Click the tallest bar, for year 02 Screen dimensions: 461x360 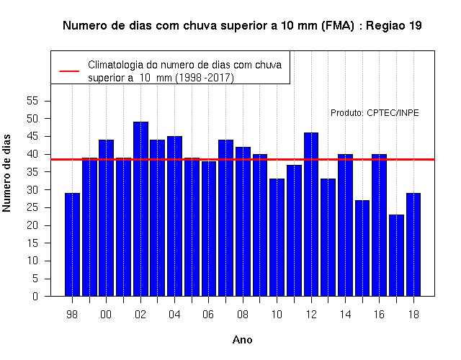point(140,209)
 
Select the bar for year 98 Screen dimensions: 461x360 point(72,245)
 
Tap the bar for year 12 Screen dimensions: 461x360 point(311,215)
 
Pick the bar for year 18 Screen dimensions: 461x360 point(413,245)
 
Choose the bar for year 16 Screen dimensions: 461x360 point(380,225)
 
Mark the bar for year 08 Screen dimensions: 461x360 point(243,222)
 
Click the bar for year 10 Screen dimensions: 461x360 point(277,238)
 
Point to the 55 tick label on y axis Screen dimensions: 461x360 point(32,101)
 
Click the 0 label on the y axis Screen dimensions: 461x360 point(35,296)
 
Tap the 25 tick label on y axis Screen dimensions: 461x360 point(32,207)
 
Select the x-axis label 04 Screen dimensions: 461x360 point(174,315)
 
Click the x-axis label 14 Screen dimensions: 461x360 point(345,315)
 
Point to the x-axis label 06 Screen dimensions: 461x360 point(208,315)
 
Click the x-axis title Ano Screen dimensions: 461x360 point(242,340)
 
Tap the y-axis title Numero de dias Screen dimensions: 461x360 point(6,173)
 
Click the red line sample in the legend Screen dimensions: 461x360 point(69,71)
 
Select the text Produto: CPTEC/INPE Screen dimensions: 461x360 point(375,113)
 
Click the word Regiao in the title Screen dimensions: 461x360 point(385,26)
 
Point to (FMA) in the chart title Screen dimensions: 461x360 point(338,26)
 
